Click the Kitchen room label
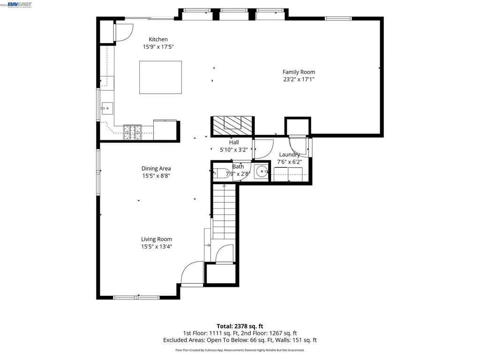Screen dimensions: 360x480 (x=158, y=39)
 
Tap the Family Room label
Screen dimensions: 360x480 (x=299, y=72)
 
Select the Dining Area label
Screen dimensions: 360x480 (x=156, y=168)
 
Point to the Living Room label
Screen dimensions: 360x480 (x=157, y=239)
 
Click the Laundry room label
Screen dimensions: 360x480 (x=289, y=155)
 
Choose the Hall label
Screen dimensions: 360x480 (x=234, y=142)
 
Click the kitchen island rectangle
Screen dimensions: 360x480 (x=160, y=77)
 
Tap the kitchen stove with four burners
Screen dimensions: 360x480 (x=132, y=132)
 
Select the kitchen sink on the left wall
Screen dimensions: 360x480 (x=105, y=108)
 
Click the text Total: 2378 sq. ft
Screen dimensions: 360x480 (x=240, y=326)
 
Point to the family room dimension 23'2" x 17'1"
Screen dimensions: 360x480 (x=299, y=79)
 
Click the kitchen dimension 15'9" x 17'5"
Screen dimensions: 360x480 (x=158, y=47)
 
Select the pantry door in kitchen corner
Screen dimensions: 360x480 (x=123, y=32)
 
